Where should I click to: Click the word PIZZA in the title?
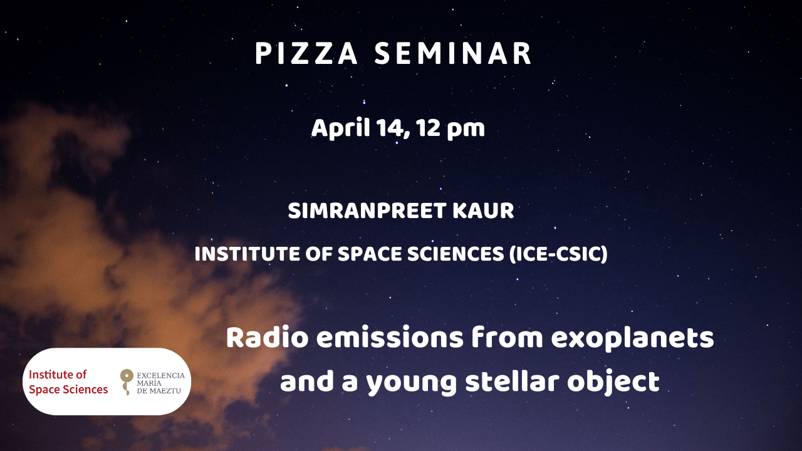click(x=306, y=54)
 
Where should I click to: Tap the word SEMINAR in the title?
click(x=453, y=54)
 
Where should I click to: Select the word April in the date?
click(x=340, y=128)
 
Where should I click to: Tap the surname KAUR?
click(x=483, y=210)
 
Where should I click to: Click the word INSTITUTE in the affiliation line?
click(x=247, y=254)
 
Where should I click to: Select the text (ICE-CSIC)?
click(x=558, y=254)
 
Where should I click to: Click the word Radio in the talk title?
click(x=267, y=338)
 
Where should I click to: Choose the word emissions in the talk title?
click(x=390, y=338)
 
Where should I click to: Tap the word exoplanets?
click(x=633, y=339)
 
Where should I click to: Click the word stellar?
click(x=512, y=381)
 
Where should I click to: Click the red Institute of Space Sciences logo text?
click(x=68, y=382)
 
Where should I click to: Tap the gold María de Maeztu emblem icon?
click(x=127, y=381)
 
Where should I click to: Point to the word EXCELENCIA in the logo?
click(x=161, y=375)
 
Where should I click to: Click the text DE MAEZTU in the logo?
click(x=159, y=390)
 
